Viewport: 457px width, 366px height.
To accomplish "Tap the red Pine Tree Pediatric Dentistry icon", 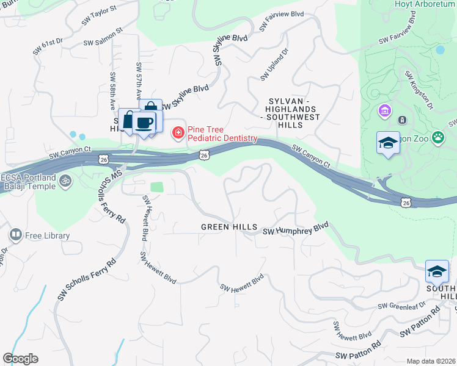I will click(x=178, y=132).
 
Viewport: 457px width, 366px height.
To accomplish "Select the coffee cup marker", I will click(x=144, y=123).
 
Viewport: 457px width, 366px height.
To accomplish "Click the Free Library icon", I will click(x=15, y=234).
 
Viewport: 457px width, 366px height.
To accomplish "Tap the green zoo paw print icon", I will click(x=437, y=137).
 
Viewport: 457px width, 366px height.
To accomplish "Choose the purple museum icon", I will click(x=384, y=111).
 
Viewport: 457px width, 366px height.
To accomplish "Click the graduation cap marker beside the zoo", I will click(x=388, y=143).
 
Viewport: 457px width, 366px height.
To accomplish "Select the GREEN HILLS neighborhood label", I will click(x=229, y=227).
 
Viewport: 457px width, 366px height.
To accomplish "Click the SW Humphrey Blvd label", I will click(x=296, y=230).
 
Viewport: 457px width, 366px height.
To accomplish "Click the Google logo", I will click(x=20, y=359).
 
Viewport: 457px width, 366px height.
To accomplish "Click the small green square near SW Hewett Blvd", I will click(x=157, y=187).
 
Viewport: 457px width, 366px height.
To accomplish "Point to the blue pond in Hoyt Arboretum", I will click(x=440, y=50).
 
